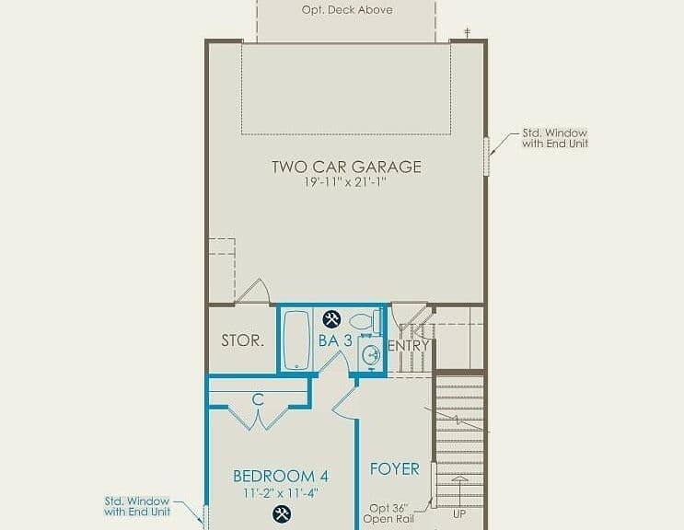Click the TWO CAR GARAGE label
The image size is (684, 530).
coord(347,167)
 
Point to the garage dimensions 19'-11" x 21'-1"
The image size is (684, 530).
coord(346,182)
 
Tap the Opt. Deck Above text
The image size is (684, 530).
coord(347,10)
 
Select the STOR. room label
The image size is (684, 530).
coord(242,340)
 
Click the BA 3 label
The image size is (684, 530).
coord(335,340)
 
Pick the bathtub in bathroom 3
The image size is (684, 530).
coord(296,340)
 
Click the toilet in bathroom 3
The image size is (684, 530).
coord(365,321)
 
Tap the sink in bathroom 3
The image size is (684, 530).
coord(371,355)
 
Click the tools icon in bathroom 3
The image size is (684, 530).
coord(331,319)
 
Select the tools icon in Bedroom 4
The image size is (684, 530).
coord(282,513)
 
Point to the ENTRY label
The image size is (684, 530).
coord(409,346)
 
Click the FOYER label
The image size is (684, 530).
coord(395,469)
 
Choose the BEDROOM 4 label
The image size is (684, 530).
coord(281,476)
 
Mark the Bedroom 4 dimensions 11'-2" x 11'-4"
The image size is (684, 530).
coord(281,493)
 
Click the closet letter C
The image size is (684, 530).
coord(259,398)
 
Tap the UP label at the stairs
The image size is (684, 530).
coord(459,514)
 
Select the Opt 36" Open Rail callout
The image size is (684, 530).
coord(388,513)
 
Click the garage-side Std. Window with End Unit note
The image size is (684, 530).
coord(555,138)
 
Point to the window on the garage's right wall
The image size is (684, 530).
coord(486,156)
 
